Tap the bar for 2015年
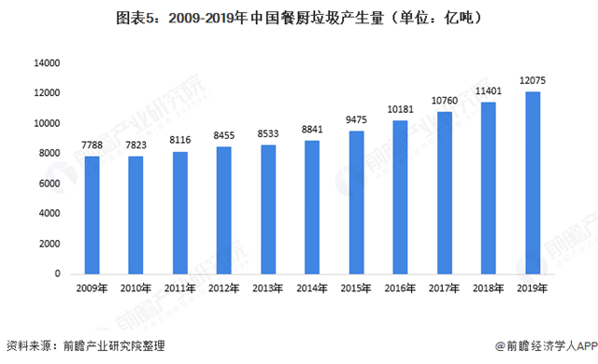(356, 203)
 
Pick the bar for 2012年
(224, 210)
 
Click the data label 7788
(93, 147)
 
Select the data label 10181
(400, 112)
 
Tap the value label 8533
(268, 135)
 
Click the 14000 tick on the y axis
(47, 63)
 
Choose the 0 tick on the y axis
(57, 273)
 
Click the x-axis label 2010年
(136, 288)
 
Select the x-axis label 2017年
(444, 288)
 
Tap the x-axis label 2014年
(312, 288)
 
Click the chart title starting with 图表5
(299, 18)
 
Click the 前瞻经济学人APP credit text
(544, 346)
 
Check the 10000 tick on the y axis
(47, 123)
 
